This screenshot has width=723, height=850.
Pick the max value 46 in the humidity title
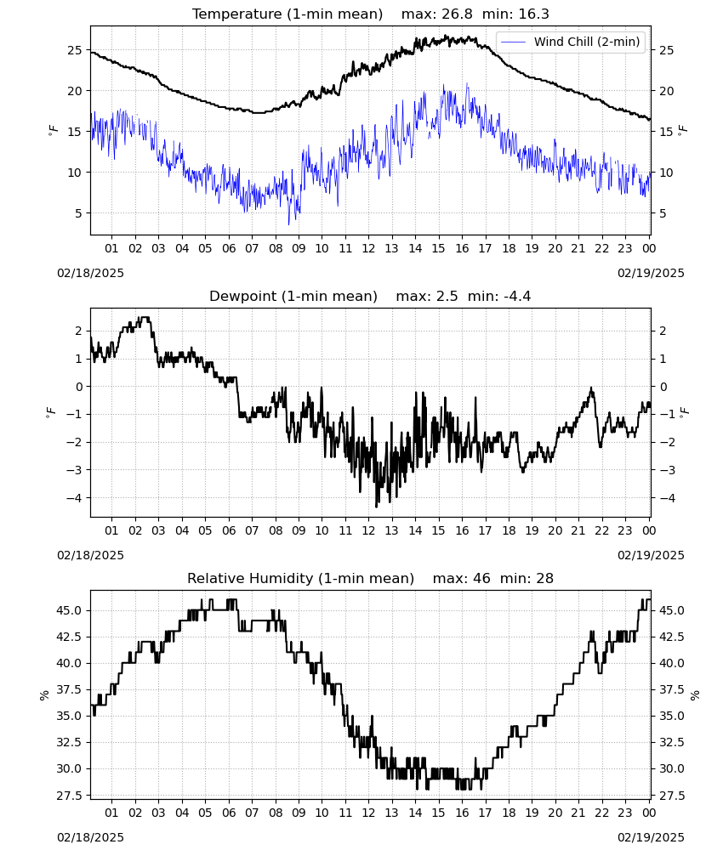481,578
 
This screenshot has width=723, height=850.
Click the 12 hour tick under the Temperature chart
369,248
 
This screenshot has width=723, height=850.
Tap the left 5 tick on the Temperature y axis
78,213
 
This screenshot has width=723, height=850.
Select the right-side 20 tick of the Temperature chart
667,91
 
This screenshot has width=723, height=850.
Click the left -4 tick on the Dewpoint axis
75,497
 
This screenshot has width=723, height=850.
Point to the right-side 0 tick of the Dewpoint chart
663,387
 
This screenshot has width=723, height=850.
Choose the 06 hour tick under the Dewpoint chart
229,530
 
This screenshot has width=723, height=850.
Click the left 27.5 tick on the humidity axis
70,796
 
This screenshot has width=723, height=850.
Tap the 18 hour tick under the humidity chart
509,813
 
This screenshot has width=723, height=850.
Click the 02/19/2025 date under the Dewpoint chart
651,555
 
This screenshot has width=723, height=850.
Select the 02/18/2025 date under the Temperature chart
90,273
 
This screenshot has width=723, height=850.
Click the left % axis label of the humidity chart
44,695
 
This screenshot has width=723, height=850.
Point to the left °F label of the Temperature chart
53,130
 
